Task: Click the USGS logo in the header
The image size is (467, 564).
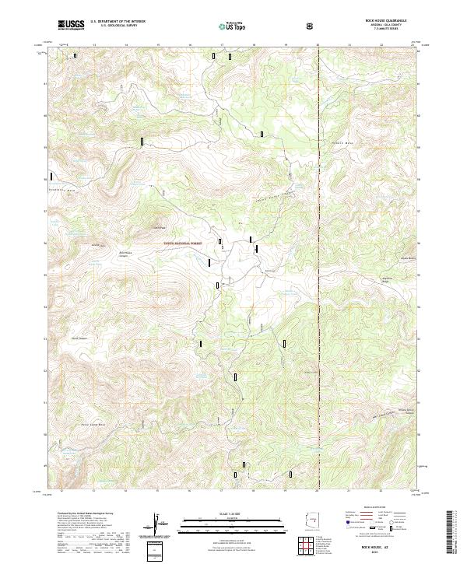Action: point(71,25)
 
